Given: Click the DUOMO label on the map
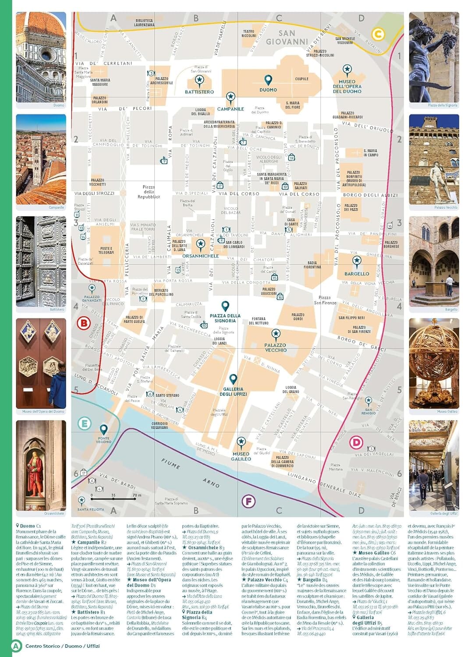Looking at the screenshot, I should pos(268,90).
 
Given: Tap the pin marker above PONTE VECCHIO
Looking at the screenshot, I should pos(103,429).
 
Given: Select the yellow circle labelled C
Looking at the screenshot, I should pos(378,34).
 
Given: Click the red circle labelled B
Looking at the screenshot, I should pos(83,324).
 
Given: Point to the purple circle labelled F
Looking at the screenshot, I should pos(248,501).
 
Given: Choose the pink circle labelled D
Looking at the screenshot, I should pos(356,442).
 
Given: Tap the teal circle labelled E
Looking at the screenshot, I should pos(84,424).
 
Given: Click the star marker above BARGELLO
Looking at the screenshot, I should pos(357,262).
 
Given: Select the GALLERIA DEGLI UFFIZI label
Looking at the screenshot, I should pos(233,392).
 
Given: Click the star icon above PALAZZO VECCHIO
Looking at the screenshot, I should pos(276,334).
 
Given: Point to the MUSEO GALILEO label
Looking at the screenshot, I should pos(241,456).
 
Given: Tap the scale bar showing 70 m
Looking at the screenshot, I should pos(113,499).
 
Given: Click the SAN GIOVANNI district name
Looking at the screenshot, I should pos(287,37).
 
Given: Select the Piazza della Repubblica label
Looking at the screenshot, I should pos(149,192).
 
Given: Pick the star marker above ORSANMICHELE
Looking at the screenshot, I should pos(201,244).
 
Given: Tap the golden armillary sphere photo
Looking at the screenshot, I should pos(434,363).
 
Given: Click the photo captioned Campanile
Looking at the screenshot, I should pos(41,159).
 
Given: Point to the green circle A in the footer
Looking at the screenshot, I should pos(16,646).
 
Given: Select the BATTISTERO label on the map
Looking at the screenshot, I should pos(199,92).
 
